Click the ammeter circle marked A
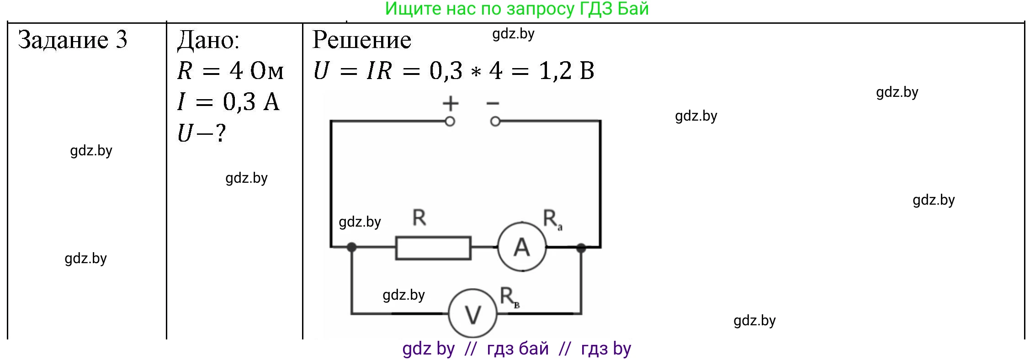pos(522,247)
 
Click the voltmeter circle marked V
pos(472,314)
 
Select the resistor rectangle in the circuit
pos(433,248)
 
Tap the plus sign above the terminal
pos(450,104)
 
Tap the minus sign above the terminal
pos(493,104)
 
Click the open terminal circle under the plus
pos(450,122)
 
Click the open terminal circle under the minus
pos(495,122)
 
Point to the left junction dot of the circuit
pos(351,247)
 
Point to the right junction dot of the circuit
pos(581,248)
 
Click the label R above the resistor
pos(419,217)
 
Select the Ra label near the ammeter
pos(552,219)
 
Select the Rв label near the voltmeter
pos(509,297)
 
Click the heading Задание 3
pos(73,40)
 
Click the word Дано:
pos(208,40)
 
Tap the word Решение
pos(362,40)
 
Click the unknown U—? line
pos(202,133)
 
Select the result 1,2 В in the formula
pos(567,71)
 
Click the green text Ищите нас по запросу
pos(480,9)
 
